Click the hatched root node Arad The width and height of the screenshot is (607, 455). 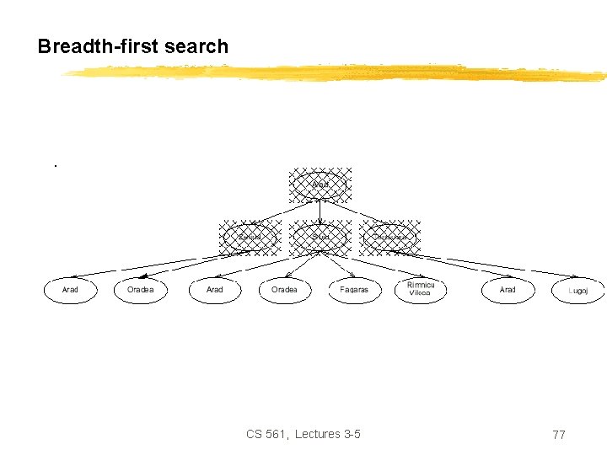pyautogui.click(x=320, y=185)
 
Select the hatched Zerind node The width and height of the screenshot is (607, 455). pyautogui.click(x=250, y=238)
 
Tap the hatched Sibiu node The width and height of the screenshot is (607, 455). pyautogui.click(x=320, y=238)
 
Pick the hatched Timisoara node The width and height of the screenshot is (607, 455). pyautogui.click(x=389, y=238)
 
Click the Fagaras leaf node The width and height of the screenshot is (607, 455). pyautogui.click(x=354, y=290)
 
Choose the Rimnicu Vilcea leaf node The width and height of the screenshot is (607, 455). pyautogui.click(x=421, y=290)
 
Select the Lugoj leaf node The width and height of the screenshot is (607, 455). pyautogui.click(x=577, y=290)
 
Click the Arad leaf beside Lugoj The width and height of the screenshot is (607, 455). pyautogui.click(x=508, y=290)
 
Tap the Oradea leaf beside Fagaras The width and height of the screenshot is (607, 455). pyautogui.click(x=284, y=290)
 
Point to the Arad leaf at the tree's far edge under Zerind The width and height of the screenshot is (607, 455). pyautogui.click(x=71, y=290)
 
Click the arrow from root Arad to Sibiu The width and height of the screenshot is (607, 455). pyautogui.click(x=320, y=211)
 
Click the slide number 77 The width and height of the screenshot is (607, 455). pyautogui.click(x=558, y=435)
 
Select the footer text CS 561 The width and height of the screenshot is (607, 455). pyautogui.click(x=267, y=434)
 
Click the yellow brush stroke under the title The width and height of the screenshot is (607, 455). pyautogui.click(x=337, y=74)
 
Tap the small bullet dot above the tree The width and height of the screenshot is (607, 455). pyautogui.click(x=55, y=165)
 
